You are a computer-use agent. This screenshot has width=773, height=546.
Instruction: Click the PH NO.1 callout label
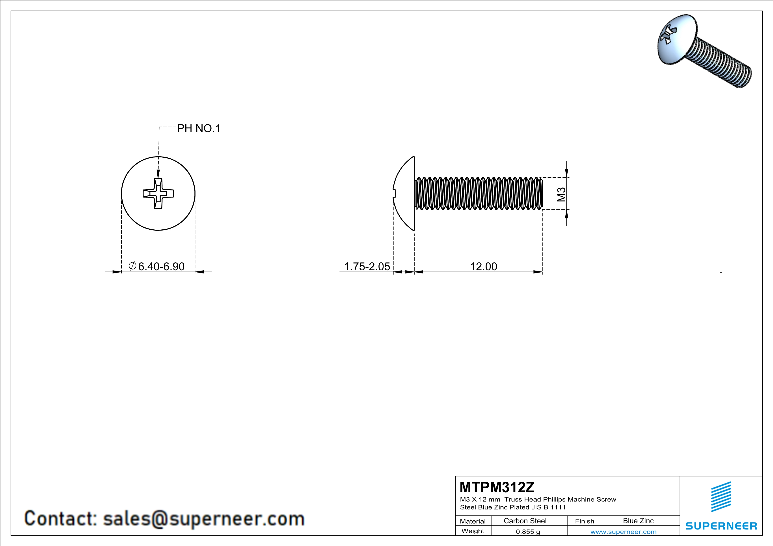(x=199, y=128)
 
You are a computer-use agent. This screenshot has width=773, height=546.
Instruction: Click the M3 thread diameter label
(x=561, y=194)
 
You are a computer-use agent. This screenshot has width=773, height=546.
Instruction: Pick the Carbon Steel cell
(x=525, y=521)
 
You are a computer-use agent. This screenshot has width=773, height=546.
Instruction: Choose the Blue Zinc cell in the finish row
(x=638, y=521)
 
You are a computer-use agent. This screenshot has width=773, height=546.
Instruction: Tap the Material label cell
(x=473, y=521)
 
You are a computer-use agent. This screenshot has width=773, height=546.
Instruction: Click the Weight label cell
(x=473, y=531)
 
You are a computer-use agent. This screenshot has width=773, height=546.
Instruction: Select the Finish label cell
(x=585, y=521)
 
